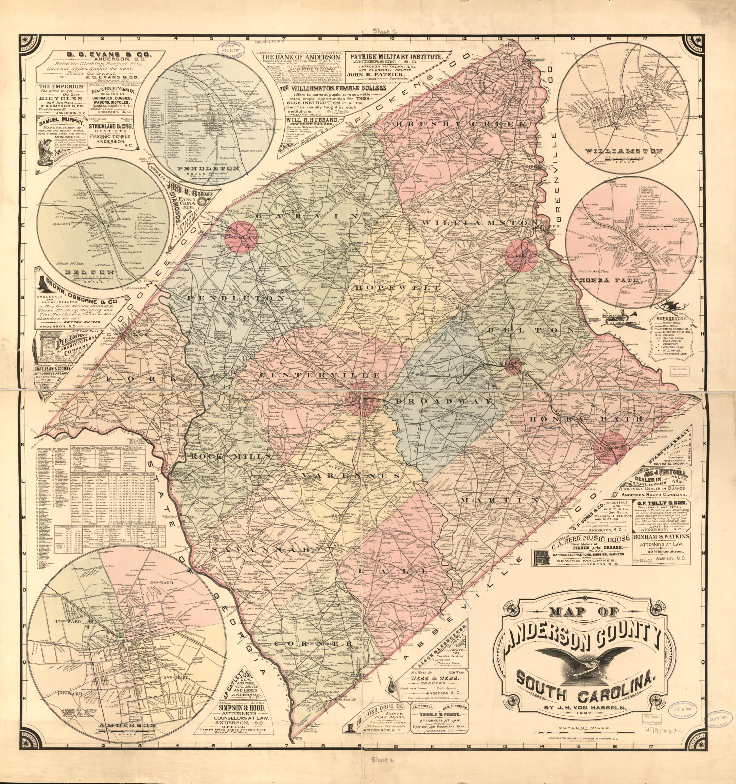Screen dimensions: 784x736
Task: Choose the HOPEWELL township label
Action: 398,288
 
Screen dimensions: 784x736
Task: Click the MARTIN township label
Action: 500,500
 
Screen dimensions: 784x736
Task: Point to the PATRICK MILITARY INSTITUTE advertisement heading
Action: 398,57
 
